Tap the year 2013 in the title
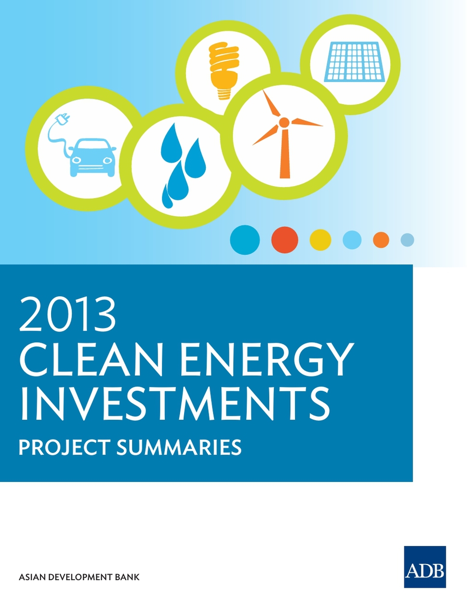(67, 315)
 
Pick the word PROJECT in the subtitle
(64, 447)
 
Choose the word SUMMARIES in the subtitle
(179, 447)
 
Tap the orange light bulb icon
(225, 70)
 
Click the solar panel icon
(354, 62)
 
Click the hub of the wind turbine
(284, 122)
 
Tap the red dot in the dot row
(284, 240)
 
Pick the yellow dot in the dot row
(320, 240)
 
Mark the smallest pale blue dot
(407, 240)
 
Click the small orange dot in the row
(381, 240)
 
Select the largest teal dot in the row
(245, 240)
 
